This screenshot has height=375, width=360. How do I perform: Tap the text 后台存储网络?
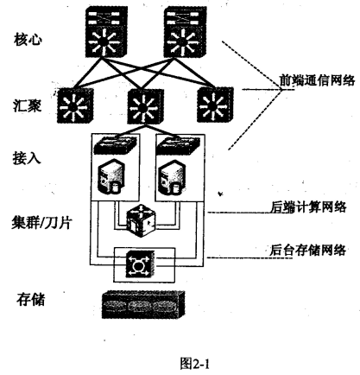(305, 251)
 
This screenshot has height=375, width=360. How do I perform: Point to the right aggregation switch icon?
(211, 106)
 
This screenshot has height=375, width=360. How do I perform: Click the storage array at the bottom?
(144, 302)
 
